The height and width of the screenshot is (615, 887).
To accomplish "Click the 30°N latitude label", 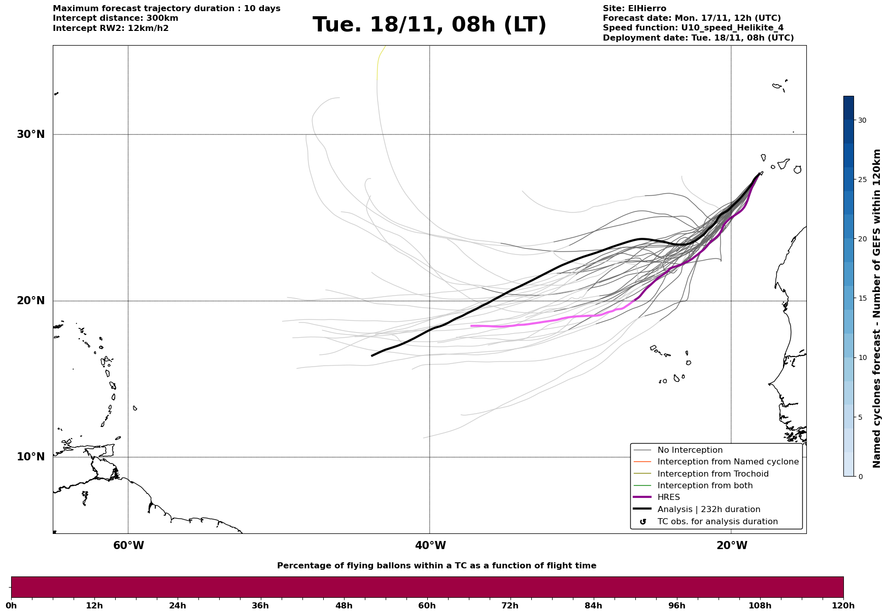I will (x=30, y=134).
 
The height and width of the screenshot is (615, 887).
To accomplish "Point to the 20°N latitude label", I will (x=30, y=301).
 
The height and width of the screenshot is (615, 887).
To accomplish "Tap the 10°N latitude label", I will (x=30, y=457).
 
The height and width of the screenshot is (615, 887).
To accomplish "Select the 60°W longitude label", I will (x=128, y=546).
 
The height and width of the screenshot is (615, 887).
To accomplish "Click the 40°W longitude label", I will (x=430, y=546).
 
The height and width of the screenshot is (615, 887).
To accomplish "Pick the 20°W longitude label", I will (x=732, y=546).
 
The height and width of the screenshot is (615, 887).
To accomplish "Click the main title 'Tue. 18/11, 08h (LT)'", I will (x=429, y=25).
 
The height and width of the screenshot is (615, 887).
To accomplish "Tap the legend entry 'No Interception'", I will (x=690, y=450).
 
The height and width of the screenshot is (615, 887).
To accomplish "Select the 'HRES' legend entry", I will (x=668, y=497).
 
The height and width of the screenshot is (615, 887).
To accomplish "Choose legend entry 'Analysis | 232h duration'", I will (x=708, y=510).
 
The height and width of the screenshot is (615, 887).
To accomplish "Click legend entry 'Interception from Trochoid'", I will (x=712, y=474).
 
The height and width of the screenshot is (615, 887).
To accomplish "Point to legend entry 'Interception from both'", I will (x=705, y=486).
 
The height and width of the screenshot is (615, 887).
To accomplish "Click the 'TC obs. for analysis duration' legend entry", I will (x=717, y=522).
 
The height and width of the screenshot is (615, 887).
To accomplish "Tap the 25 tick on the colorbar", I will (x=862, y=179).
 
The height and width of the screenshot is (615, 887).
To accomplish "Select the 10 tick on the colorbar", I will (x=862, y=357).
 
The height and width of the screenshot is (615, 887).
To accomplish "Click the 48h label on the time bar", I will (x=344, y=605).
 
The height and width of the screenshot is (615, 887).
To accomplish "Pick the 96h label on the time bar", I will (x=676, y=605).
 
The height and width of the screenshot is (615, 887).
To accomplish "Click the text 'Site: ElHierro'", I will (x=634, y=9).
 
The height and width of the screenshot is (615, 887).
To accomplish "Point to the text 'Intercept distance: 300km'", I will (x=115, y=18).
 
